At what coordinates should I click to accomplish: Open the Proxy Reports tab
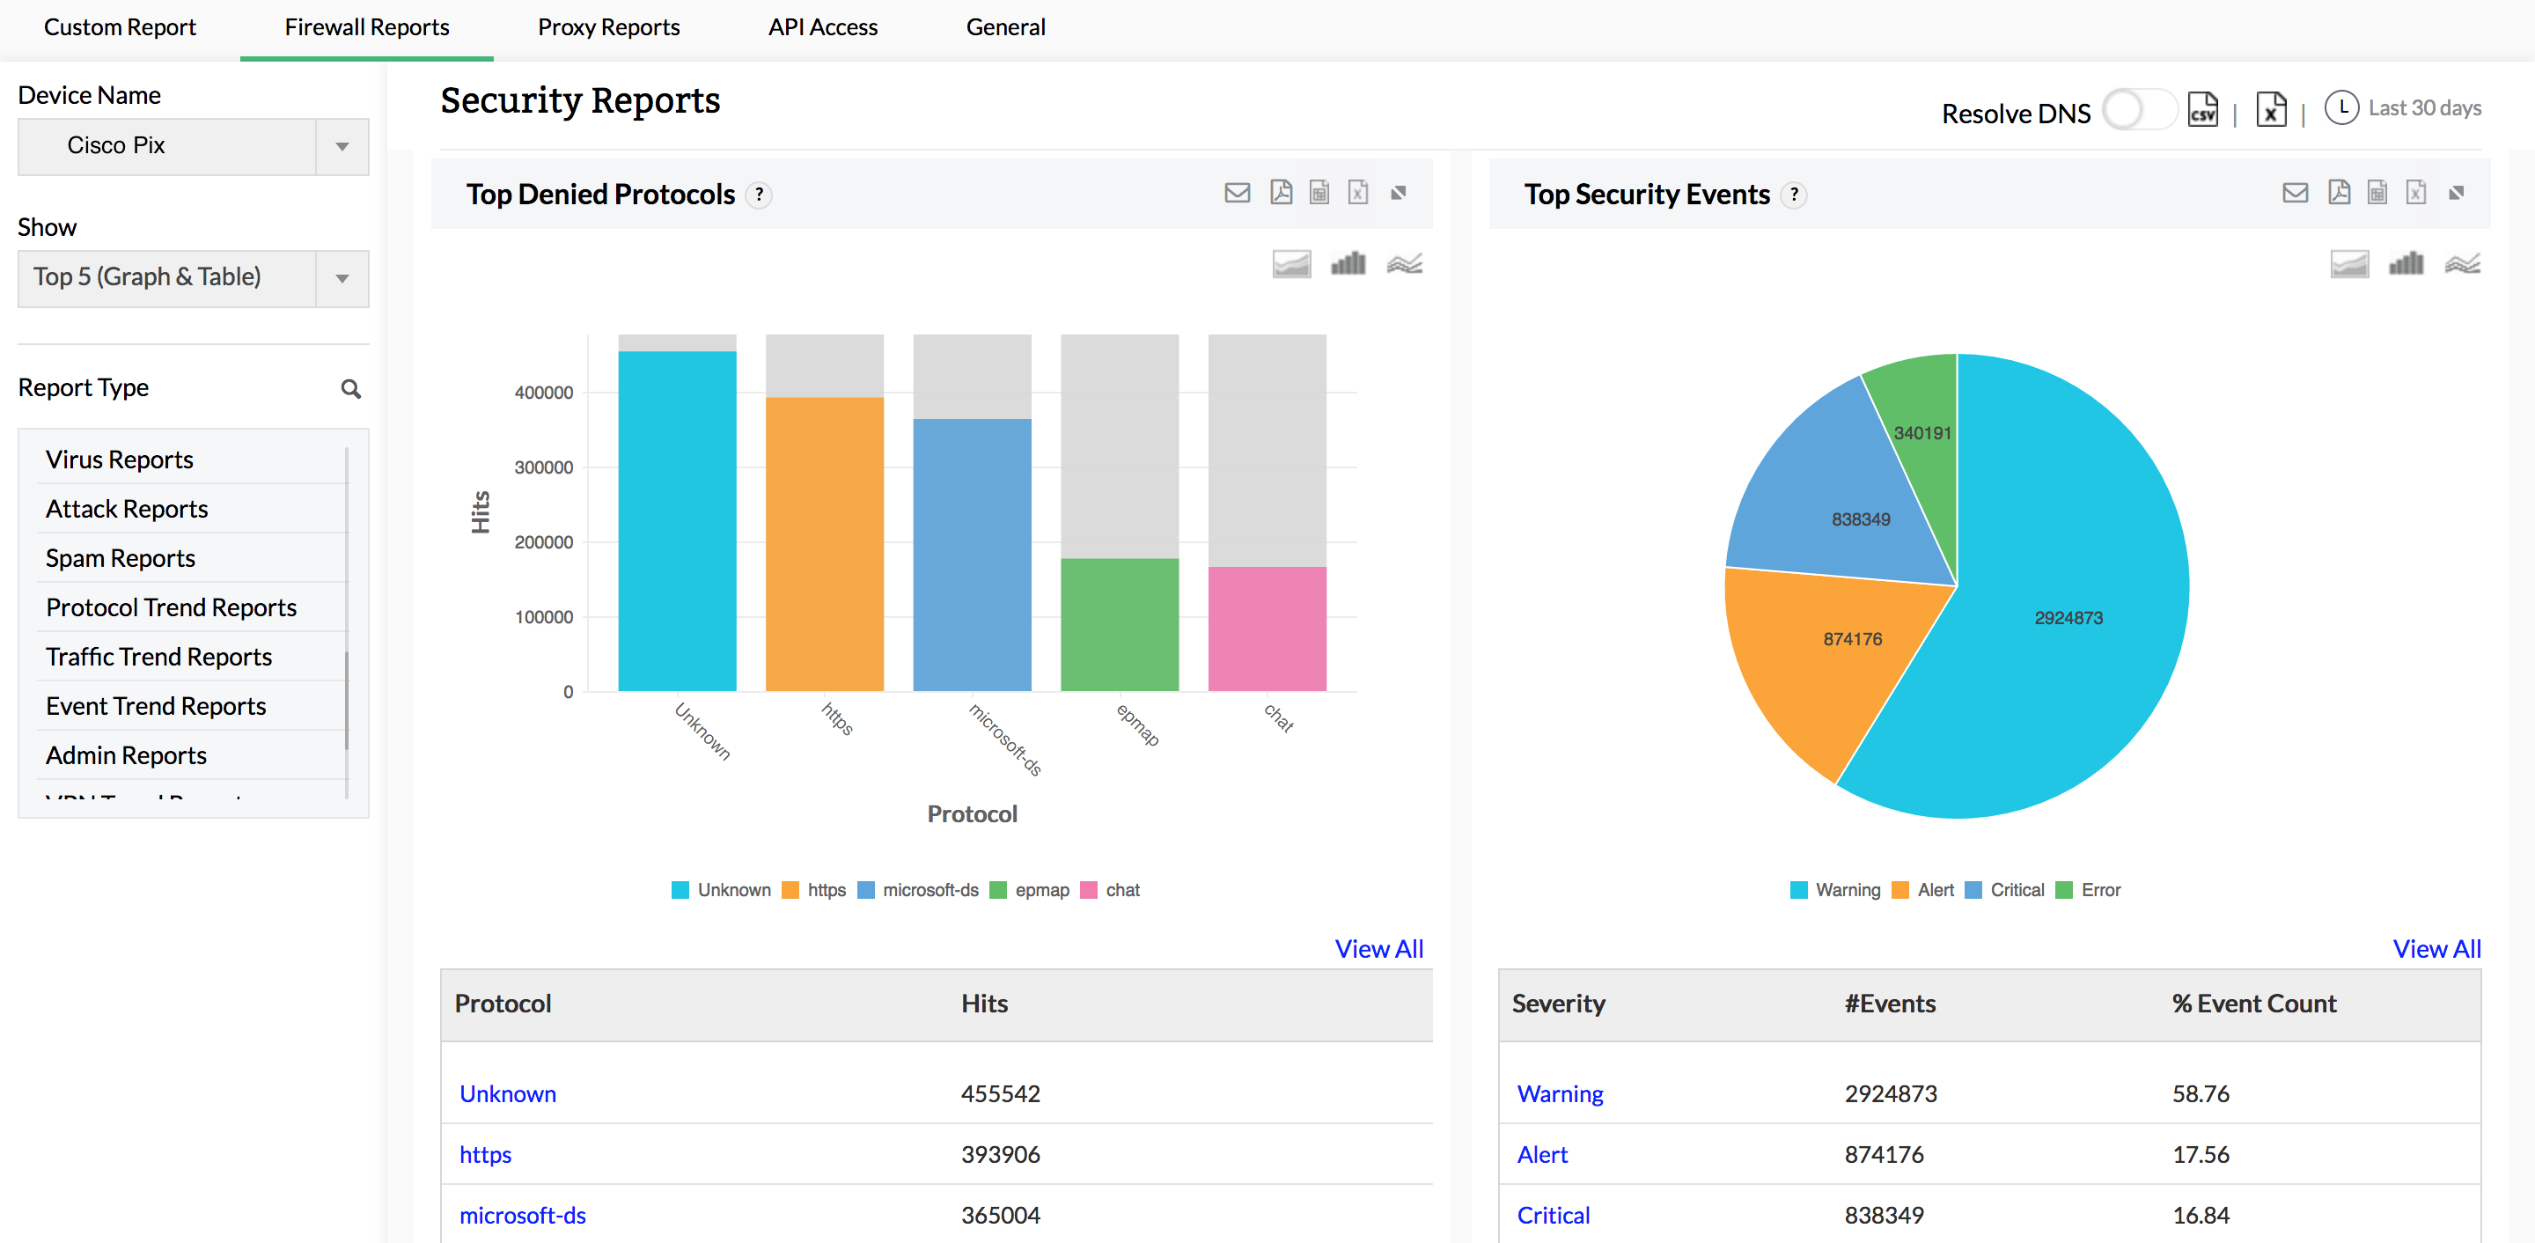coord(608,27)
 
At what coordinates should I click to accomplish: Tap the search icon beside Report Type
coord(350,389)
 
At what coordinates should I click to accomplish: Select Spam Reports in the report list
coord(120,558)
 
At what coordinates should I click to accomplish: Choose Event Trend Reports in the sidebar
coord(156,706)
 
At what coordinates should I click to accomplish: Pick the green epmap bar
coord(1119,624)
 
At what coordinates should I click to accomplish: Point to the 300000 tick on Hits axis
coord(543,467)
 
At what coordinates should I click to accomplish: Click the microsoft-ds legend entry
coord(918,890)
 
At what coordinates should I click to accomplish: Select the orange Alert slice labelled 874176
coord(1831,659)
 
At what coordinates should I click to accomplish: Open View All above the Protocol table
coord(1378,949)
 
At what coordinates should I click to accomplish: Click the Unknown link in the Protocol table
coord(508,1093)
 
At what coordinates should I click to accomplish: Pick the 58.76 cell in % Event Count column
coord(2200,1093)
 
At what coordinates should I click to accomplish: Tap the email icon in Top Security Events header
coord(2295,193)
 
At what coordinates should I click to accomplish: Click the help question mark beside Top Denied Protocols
coord(759,195)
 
